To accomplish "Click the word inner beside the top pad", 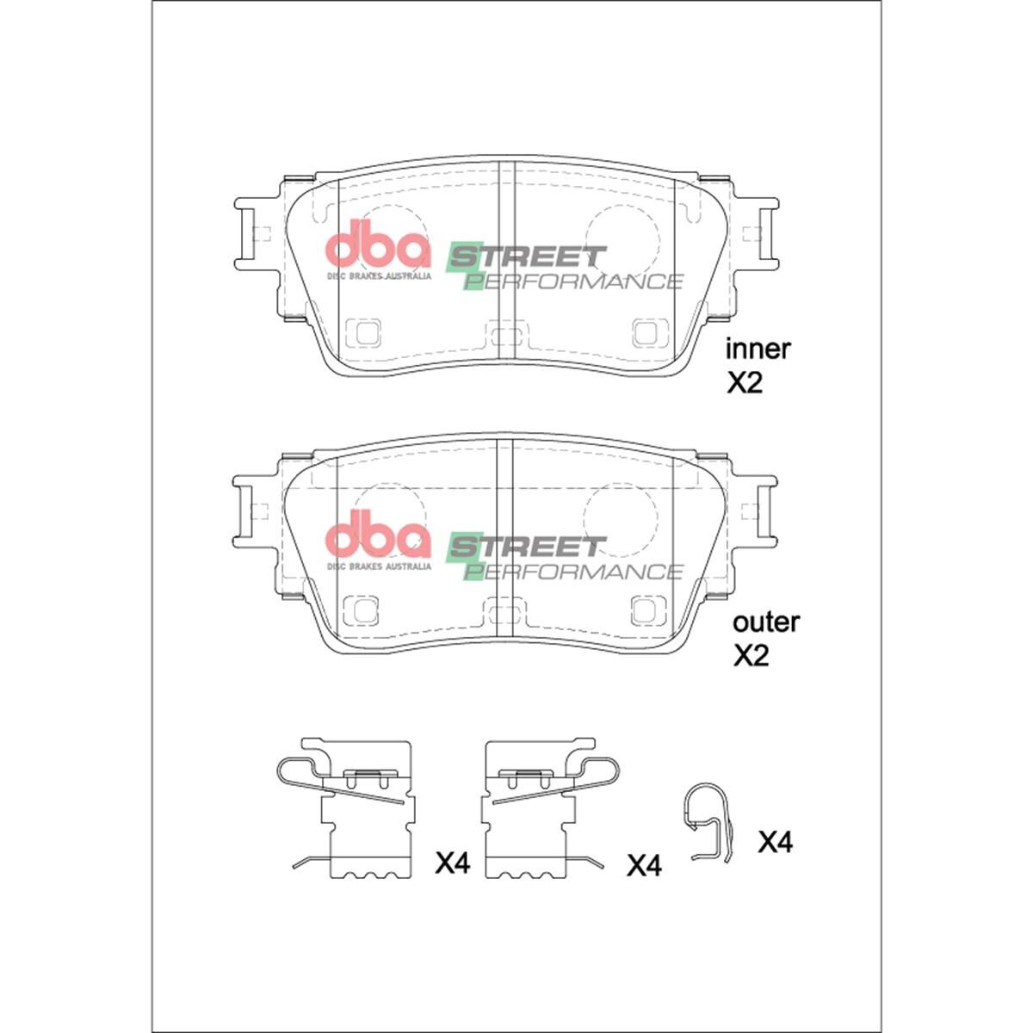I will pos(758,349).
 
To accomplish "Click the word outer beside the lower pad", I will pos(765,622).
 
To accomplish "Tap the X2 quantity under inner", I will pos(745,383).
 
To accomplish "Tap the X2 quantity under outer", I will pos(750,656).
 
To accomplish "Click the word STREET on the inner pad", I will pos(527,257).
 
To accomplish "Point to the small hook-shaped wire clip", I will pos(708,822).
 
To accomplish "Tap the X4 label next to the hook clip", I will pos(775,842).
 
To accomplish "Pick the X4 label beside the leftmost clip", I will pos(452,863).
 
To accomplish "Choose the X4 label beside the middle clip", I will pos(643,865).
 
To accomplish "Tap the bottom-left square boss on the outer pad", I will pos(362,609).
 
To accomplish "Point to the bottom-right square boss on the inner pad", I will pos(650,332).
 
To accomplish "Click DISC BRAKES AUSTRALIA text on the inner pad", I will pos(378,277).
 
